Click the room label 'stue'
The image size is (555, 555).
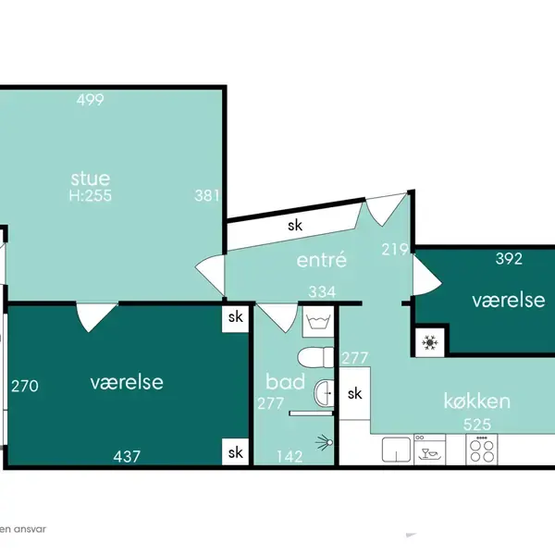point(91,179)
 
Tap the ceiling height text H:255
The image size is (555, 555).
point(91,195)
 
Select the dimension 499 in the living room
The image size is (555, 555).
point(91,100)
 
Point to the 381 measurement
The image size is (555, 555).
point(207,195)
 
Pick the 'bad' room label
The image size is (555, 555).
point(285,381)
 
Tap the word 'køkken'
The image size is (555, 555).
point(476,401)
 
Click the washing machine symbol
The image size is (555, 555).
point(318,322)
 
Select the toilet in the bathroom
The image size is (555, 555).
point(315,357)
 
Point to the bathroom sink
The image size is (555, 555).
point(324,393)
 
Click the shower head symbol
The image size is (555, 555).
point(325,442)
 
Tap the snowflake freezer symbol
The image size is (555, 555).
point(430,342)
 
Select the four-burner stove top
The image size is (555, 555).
point(482,450)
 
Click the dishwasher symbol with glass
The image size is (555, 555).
point(430,450)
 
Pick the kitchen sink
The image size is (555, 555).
point(396,450)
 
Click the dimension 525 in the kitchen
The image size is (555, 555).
point(477,424)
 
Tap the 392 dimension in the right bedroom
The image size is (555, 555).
point(509,259)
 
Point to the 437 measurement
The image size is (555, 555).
point(127,456)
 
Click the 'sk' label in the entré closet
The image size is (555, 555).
point(295,225)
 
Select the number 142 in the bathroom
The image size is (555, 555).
point(290,457)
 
